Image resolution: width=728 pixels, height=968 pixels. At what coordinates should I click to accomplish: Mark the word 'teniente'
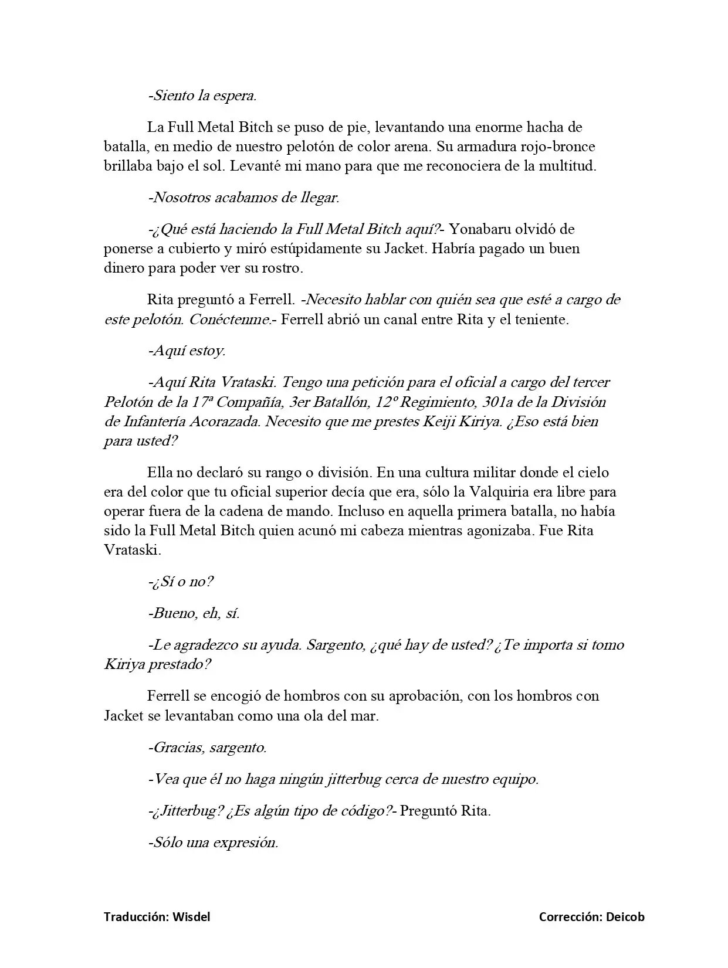click(543, 320)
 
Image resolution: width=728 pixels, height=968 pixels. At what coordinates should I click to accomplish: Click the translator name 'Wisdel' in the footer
click(191, 917)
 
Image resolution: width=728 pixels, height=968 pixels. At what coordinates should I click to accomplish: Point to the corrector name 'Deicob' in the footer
click(625, 917)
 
